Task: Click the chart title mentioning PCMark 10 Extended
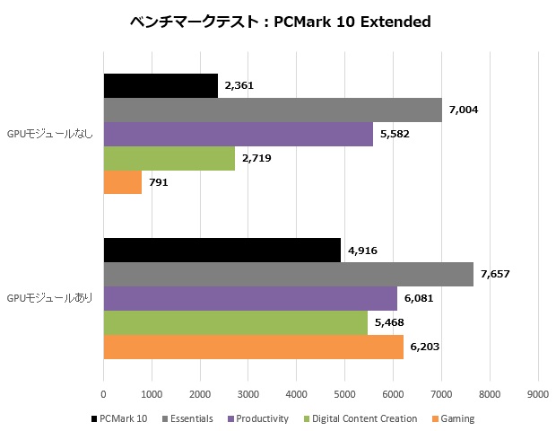tap(278, 21)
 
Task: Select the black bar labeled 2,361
tap(161, 85)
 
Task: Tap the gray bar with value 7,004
tap(273, 110)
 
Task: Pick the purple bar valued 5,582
tap(238, 134)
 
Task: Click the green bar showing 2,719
tap(169, 158)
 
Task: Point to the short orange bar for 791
tap(123, 182)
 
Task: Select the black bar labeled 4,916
tap(222, 251)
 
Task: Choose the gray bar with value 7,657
tap(288, 275)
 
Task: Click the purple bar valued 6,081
tap(250, 299)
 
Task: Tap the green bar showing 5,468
tap(235, 322)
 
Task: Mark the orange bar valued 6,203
tap(253, 347)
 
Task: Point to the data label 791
tap(160, 182)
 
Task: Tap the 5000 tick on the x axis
tap(344, 392)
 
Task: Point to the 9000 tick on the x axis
tap(537, 392)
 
